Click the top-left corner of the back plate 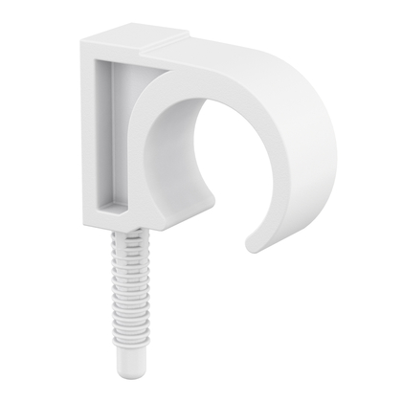click(81, 40)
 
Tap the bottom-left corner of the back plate click(85, 214)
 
